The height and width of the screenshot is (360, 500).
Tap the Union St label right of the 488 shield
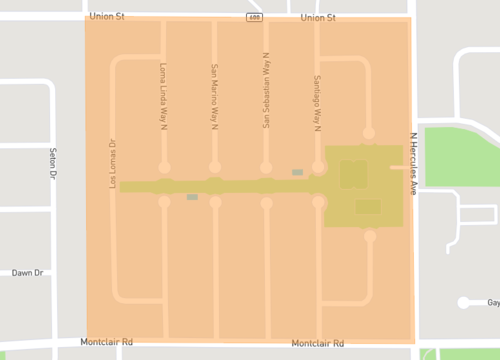click(317, 17)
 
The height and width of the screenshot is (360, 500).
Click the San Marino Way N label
click(214, 97)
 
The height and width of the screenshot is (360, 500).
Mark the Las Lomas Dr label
click(112, 163)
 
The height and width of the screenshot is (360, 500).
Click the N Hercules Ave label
click(413, 164)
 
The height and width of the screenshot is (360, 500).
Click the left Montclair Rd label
click(108, 341)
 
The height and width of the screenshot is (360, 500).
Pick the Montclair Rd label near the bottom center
click(317, 343)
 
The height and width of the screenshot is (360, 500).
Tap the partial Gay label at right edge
click(492, 302)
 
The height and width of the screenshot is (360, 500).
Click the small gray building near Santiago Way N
click(297, 172)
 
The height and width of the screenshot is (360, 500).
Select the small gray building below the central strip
click(192, 197)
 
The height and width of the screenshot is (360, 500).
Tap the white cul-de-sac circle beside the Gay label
click(464, 302)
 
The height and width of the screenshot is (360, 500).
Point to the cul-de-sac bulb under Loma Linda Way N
click(164, 167)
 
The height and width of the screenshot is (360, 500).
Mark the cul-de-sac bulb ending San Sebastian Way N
click(266, 167)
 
